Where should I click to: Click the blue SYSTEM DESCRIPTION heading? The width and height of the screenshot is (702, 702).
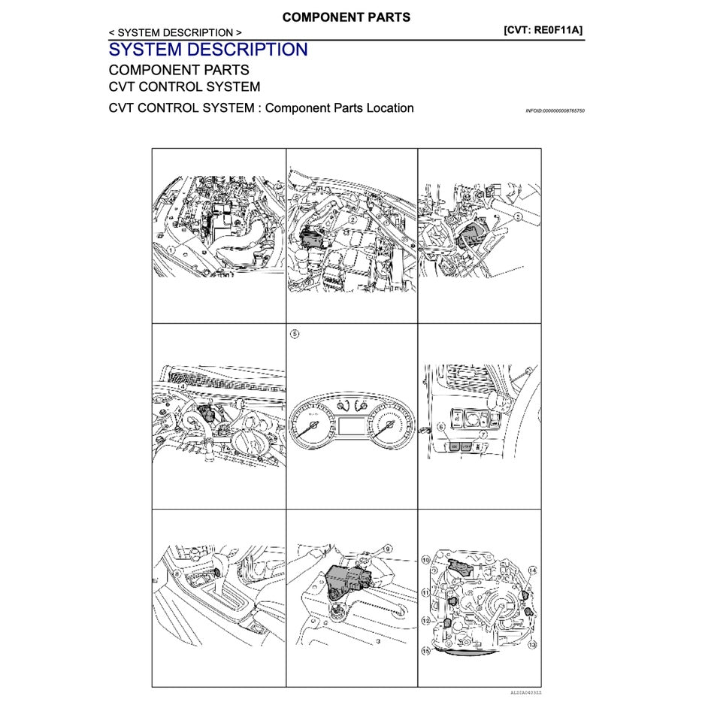[x=208, y=50]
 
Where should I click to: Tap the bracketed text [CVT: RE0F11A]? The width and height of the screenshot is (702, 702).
[x=543, y=30]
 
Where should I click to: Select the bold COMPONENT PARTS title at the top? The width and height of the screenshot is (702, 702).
[x=346, y=17]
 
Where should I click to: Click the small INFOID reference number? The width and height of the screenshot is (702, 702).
[x=555, y=110]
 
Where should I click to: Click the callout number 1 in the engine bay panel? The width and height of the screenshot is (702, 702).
[x=172, y=250]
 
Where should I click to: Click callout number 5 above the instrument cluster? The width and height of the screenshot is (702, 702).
[x=295, y=333]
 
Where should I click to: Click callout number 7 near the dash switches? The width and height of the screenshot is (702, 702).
[x=483, y=434]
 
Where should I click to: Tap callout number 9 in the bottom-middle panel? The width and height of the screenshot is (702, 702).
[x=388, y=549]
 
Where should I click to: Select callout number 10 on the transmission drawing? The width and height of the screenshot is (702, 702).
[x=425, y=560]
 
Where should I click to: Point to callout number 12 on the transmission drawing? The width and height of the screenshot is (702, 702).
[x=425, y=621]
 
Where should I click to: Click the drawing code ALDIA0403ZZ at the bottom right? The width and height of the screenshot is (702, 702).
[x=525, y=692]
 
